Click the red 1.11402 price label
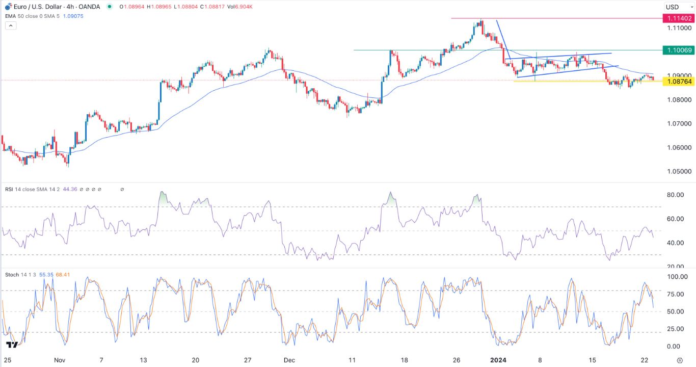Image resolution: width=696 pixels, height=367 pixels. point(677,18)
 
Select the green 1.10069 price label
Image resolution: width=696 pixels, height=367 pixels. point(677,50)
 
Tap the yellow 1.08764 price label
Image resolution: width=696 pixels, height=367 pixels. point(677,82)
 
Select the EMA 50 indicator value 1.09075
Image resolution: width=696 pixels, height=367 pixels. point(72,16)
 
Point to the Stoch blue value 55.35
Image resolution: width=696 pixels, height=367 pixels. point(45,275)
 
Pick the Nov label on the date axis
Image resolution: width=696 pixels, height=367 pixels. point(60,360)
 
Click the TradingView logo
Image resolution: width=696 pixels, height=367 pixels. point(12,345)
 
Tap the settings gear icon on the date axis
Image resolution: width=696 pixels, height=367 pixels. point(688,360)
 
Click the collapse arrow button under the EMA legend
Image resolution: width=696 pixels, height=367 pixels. point(10,25)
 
